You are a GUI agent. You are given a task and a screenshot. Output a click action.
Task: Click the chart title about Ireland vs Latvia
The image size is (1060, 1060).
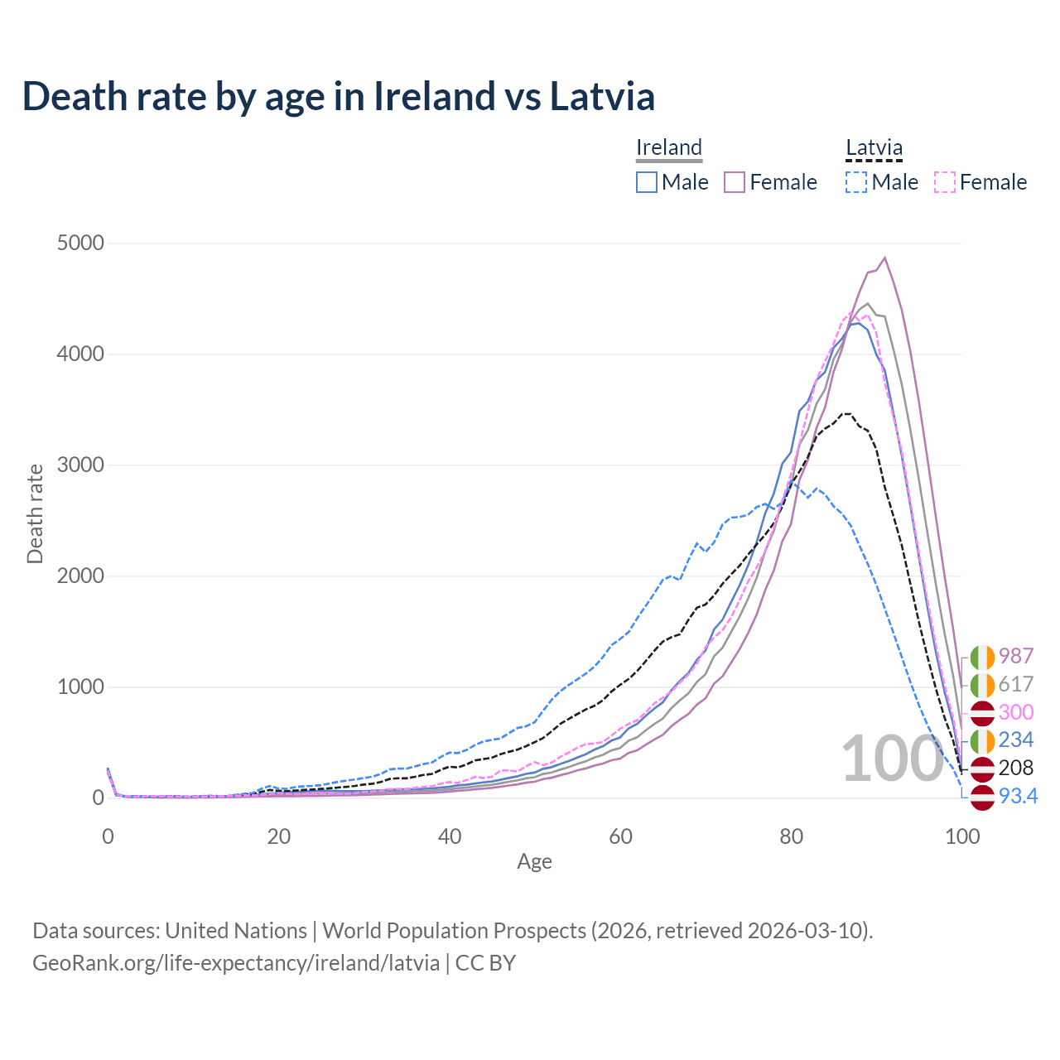(338, 96)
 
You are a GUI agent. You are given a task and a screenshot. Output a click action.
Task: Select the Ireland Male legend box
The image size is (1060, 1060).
(647, 182)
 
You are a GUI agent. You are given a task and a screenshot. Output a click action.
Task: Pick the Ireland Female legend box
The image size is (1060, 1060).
(735, 182)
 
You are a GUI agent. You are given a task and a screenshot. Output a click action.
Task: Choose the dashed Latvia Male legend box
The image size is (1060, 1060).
(856, 182)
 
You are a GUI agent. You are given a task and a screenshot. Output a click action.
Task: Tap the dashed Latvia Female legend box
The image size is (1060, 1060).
(945, 182)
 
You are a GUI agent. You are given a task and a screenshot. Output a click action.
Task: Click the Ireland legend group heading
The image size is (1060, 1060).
(669, 147)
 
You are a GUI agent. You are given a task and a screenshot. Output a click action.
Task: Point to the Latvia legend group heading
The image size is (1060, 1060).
(874, 147)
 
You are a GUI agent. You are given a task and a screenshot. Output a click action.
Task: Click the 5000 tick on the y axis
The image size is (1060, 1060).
(80, 243)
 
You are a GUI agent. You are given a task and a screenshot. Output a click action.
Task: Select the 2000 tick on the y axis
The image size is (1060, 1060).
(80, 576)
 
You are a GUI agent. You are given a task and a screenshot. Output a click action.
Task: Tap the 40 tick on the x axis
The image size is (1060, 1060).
(450, 836)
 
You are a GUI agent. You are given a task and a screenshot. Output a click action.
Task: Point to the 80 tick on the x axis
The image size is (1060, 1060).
(792, 836)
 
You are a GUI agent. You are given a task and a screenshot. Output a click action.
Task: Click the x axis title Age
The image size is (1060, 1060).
(534, 861)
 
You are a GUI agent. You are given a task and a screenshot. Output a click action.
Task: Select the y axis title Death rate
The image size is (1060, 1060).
(35, 513)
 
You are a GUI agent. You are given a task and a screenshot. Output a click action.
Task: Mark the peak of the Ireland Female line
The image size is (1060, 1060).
(885, 258)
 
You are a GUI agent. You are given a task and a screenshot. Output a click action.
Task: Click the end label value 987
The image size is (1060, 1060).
(1016, 656)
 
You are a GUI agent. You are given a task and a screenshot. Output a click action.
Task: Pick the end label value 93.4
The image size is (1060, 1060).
(1018, 796)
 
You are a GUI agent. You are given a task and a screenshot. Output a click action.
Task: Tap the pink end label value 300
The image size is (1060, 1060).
(1016, 712)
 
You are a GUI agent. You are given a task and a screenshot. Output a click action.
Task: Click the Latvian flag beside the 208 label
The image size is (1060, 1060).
(982, 768)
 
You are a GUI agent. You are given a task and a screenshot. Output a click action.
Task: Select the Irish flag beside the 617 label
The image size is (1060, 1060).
(982, 685)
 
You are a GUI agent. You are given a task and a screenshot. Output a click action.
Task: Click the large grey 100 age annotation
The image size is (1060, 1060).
(892, 759)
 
